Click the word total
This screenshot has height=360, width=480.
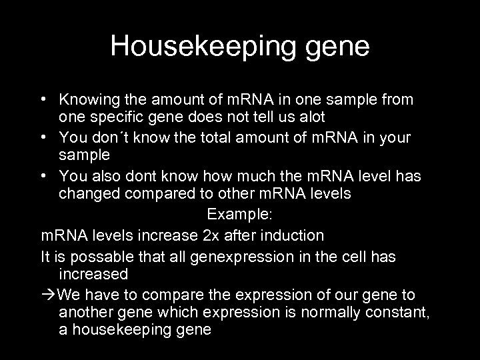pyautogui.click(x=199, y=138)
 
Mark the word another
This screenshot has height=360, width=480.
pyautogui.click(x=84, y=313)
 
